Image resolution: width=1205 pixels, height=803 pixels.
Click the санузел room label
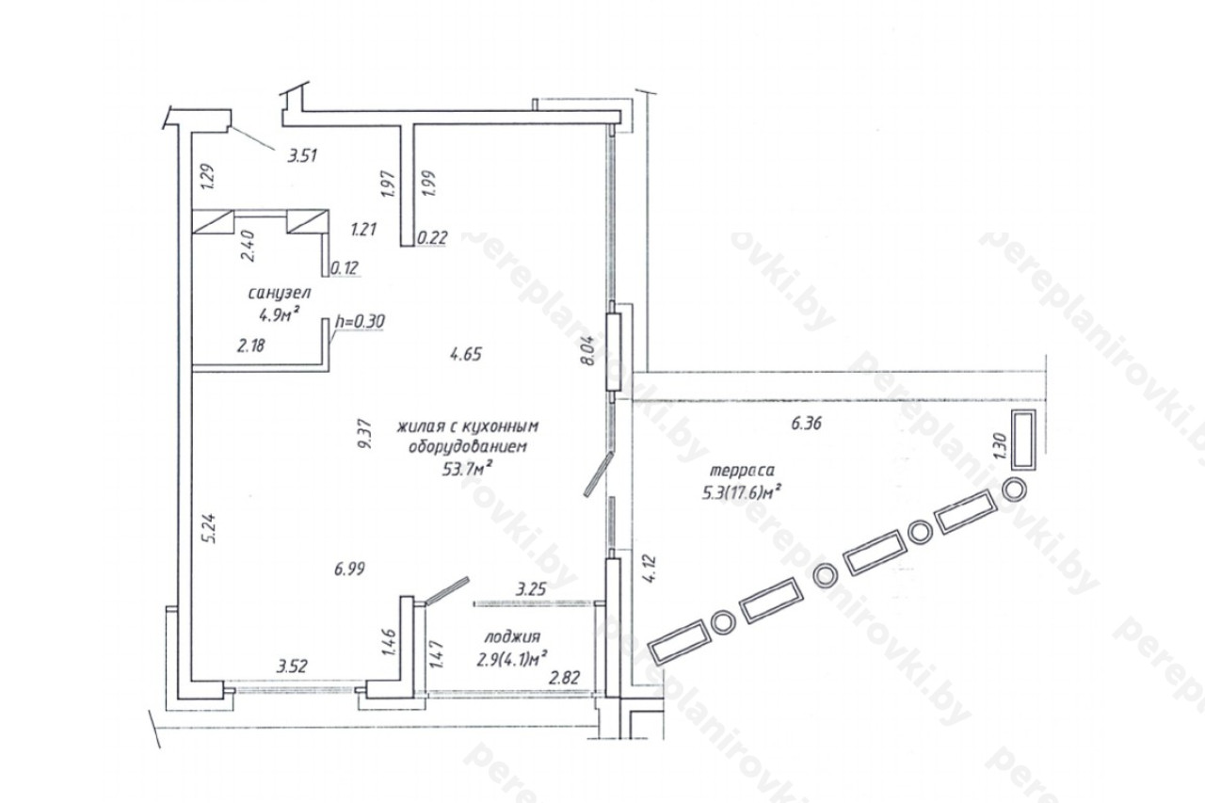point(280,293)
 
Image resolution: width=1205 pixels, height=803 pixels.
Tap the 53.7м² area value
point(468,469)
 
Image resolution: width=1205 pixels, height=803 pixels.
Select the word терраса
point(743,471)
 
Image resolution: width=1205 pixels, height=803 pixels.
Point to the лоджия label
point(512,637)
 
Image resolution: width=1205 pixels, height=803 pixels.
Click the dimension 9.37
point(366,434)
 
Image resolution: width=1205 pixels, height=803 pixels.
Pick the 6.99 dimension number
point(349,569)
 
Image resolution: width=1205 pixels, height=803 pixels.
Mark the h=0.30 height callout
point(360,322)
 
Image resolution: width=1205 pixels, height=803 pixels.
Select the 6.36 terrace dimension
point(806,424)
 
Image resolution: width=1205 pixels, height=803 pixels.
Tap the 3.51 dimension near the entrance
point(303,156)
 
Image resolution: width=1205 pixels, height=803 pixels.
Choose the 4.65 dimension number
point(466,354)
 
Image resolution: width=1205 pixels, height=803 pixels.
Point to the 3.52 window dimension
point(292,666)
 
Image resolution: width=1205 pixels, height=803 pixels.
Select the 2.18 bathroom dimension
point(250,345)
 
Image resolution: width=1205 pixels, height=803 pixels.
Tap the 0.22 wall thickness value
point(432,238)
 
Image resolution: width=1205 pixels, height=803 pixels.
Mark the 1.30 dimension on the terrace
point(1000,446)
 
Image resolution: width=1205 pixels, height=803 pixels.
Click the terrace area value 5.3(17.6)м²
point(742,491)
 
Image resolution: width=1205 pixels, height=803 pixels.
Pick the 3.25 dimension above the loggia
point(531,589)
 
